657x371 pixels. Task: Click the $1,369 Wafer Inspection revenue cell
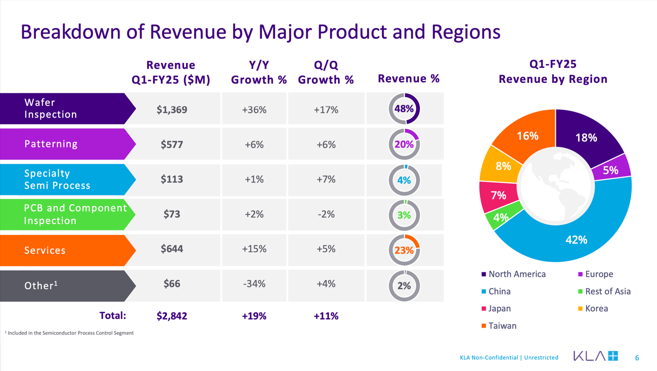pos(172,109)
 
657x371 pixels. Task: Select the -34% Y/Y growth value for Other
pos(254,284)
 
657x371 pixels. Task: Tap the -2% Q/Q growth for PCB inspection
pos(326,214)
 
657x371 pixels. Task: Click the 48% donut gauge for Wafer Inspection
pos(404,109)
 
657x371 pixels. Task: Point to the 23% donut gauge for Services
pos(404,250)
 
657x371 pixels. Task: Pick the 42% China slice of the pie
pos(576,240)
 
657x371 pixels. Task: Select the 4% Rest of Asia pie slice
pos(501,217)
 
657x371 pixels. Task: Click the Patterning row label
pos(51,144)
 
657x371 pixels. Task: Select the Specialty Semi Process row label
pos(57,180)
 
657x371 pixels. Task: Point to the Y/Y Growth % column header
pos(259,72)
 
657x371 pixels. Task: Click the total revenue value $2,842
pos(172,316)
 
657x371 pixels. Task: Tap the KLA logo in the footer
pos(595,356)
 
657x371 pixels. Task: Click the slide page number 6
pos(637,358)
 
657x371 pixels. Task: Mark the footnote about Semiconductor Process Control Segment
pos(70,333)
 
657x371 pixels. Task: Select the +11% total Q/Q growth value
pos(326,316)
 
